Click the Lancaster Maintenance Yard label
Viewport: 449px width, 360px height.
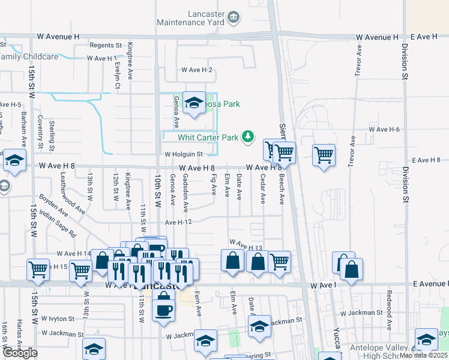point(190,18)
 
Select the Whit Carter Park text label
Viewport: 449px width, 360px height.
point(208,137)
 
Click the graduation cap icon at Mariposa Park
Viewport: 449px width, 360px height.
point(194,103)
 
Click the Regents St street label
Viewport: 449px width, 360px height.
point(106,45)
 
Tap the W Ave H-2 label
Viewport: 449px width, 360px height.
point(197,70)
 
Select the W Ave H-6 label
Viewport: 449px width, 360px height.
point(384,129)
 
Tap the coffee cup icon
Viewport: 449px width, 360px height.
point(163,310)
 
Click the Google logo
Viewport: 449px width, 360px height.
point(20,352)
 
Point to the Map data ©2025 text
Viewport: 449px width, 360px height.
point(424,355)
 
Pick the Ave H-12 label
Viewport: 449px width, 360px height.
point(178,222)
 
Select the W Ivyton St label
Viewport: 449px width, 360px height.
point(55,319)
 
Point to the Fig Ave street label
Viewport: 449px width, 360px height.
point(214,184)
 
